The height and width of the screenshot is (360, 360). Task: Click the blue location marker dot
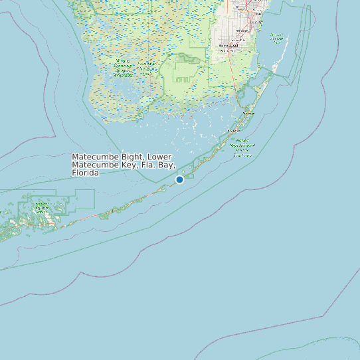(x=179, y=179)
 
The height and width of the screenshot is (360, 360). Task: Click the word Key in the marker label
(x=128, y=165)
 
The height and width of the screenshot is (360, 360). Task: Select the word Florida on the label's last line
(x=86, y=173)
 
